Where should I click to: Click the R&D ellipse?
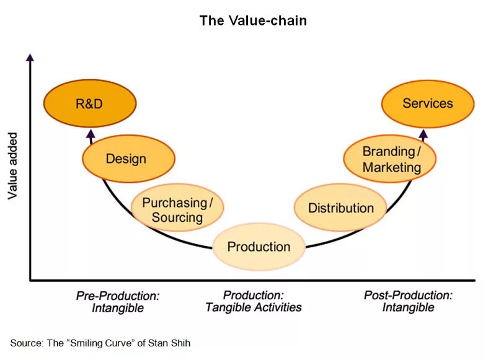[89, 103]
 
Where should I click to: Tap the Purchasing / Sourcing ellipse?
[177, 209]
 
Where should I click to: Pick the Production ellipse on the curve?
[259, 247]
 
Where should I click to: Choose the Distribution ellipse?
[340, 208]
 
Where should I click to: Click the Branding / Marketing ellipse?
[391, 159]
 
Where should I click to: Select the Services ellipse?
[427, 103]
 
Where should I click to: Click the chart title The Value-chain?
[253, 20]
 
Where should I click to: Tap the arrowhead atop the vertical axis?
[30, 57]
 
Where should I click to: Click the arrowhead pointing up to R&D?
[91, 133]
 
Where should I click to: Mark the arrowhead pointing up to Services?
[423, 133]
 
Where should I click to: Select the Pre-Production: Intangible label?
[118, 302]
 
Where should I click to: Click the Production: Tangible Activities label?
[254, 302]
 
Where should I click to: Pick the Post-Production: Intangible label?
[408, 302]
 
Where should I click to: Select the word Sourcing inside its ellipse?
[177, 217]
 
